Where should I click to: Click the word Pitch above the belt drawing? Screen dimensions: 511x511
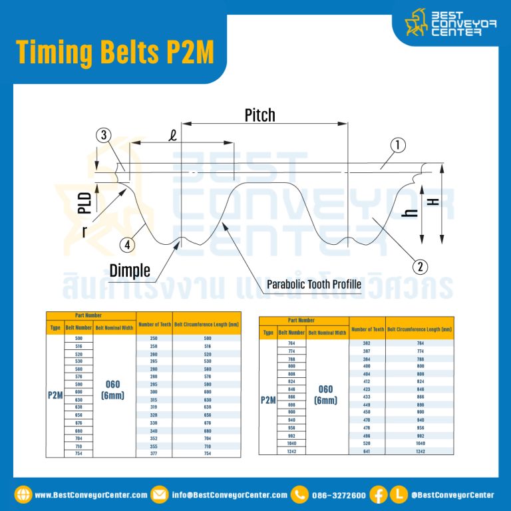tap(259, 115)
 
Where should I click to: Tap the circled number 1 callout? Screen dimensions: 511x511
tap(398, 144)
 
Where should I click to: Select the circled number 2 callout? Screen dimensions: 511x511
tap(420, 267)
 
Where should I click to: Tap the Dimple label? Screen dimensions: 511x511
tap(130, 271)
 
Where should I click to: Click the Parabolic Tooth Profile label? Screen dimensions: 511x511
tap(314, 284)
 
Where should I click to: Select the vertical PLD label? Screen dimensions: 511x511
tap(85, 202)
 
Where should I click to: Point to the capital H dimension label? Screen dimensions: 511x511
tap(436, 200)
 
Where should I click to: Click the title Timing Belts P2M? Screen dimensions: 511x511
tap(115, 53)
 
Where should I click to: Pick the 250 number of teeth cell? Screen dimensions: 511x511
tap(154, 338)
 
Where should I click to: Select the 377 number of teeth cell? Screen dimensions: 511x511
tap(154, 453)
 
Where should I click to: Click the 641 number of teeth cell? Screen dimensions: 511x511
tap(367, 451)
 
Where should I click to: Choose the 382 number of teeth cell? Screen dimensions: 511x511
tap(367, 343)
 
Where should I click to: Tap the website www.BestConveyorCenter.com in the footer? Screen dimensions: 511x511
tap(90, 495)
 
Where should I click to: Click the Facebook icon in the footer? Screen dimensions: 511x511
tap(378, 495)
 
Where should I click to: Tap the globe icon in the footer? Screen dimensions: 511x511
tap(23, 495)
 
